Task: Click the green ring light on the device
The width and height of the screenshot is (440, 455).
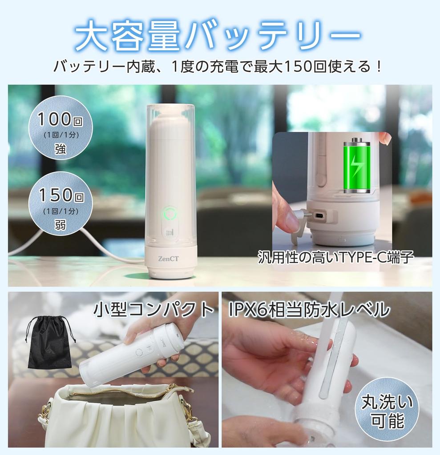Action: point(170,214)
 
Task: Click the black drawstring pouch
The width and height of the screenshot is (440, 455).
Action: point(49,343)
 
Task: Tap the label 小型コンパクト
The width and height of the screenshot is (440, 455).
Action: point(153,310)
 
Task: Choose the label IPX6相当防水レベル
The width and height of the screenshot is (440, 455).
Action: point(309,310)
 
